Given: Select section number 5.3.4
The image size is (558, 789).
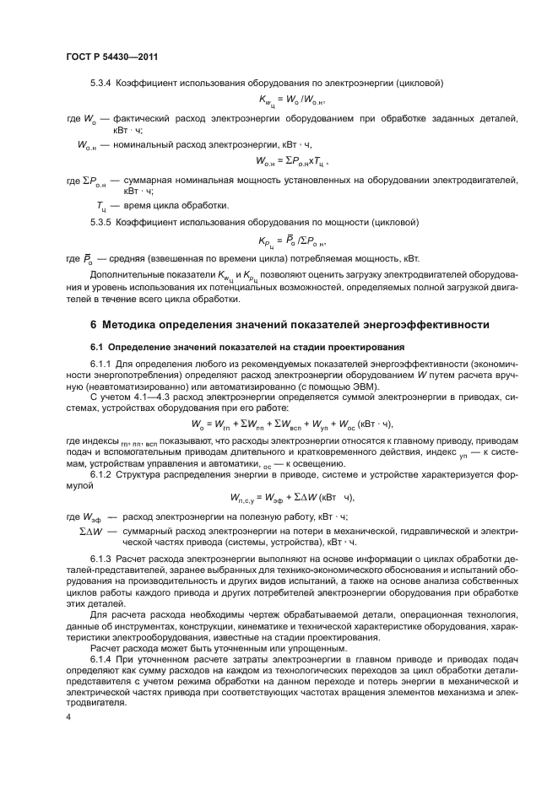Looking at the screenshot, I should pyautogui.click(x=106, y=83).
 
